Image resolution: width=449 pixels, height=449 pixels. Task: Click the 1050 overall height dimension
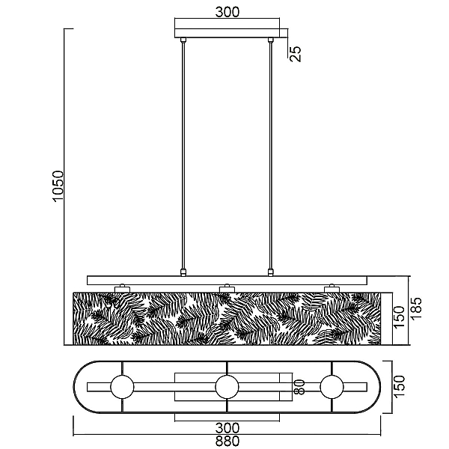pyautogui.click(x=58, y=186)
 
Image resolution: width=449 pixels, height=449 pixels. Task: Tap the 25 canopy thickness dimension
pyautogui.click(x=296, y=54)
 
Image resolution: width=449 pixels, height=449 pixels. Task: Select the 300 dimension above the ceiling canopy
pyautogui.click(x=227, y=12)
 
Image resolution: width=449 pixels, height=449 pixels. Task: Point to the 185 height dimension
pyautogui.click(x=416, y=308)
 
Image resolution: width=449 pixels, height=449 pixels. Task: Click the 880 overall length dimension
pyautogui.click(x=227, y=442)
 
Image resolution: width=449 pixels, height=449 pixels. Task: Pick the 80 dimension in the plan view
pyautogui.click(x=299, y=387)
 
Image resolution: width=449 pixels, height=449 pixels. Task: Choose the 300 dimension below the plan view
pyautogui.click(x=227, y=428)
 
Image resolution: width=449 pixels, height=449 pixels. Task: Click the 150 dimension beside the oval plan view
pyautogui.click(x=400, y=387)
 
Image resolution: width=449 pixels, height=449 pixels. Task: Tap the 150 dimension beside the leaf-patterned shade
pyautogui.click(x=400, y=317)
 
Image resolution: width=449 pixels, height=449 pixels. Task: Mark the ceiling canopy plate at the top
pyautogui.click(x=227, y=33)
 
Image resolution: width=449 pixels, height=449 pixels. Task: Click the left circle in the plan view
pyautogui.click(x=122, y=387)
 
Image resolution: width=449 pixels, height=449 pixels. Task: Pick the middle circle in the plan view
pyautogui.click(x=227, y=387)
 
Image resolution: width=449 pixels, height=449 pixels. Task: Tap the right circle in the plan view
pyautogui.click(x=332, y=387)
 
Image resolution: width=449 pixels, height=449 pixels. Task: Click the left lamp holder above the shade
pyautogui.click(x=122, y=289)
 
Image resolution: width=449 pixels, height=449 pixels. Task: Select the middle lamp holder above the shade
pyautogui.click(x=227, y=289)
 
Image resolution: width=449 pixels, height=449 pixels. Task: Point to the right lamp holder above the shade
pyautogui.click(x=332, y=289)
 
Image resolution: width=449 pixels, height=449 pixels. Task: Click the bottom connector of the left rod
pyautogui.click(x=183, y=272)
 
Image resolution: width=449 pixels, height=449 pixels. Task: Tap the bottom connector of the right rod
pyautogui.click(x=270, y=272)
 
